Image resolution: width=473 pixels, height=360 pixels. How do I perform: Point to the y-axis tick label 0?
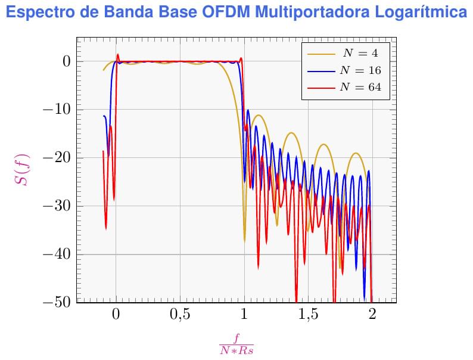pos(66,61)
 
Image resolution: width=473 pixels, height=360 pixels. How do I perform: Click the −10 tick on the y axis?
pos(57,110)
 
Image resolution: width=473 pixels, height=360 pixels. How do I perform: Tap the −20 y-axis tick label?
pos(57,158)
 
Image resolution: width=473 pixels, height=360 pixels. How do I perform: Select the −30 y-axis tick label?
pos(57,206)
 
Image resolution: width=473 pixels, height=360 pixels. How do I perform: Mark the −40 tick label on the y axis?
pos(57,255)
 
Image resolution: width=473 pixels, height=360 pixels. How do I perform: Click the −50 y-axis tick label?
pos(57,302)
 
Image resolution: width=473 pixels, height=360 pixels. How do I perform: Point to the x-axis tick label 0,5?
pos(180,315)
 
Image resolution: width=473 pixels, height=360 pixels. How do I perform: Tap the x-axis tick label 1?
pos(244,315)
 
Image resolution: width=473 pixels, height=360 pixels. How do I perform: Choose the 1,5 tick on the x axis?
pos(308,315)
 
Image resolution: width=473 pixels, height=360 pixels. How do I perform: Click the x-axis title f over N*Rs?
pos(236,345)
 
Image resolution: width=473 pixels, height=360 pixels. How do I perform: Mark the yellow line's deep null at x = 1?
pos(244,240)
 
